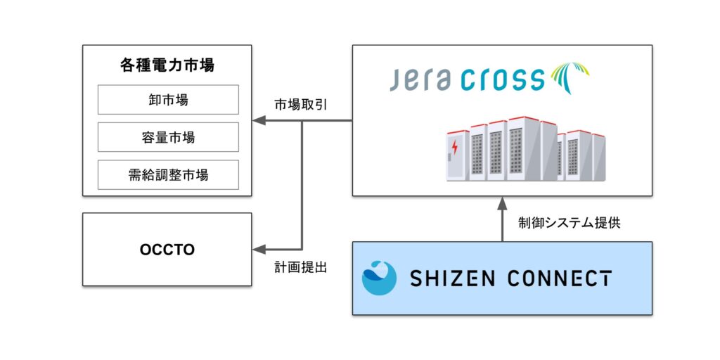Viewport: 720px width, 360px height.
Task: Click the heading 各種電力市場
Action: point(167,66)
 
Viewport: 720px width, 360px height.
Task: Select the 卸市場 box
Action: point(167,100)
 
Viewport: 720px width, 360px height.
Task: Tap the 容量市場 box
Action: point(167,137)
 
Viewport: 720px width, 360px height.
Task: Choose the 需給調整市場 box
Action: point(167,175)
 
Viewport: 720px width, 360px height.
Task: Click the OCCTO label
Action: point(167,250)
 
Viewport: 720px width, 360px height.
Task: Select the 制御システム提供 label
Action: point(570,222)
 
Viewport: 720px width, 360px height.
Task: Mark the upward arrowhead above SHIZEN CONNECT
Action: point(502,204)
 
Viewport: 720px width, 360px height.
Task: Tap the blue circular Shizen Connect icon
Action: point(380,278)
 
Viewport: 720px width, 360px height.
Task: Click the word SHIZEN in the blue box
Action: point(451,278)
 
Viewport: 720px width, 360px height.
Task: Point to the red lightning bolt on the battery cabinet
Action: point(455,148)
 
